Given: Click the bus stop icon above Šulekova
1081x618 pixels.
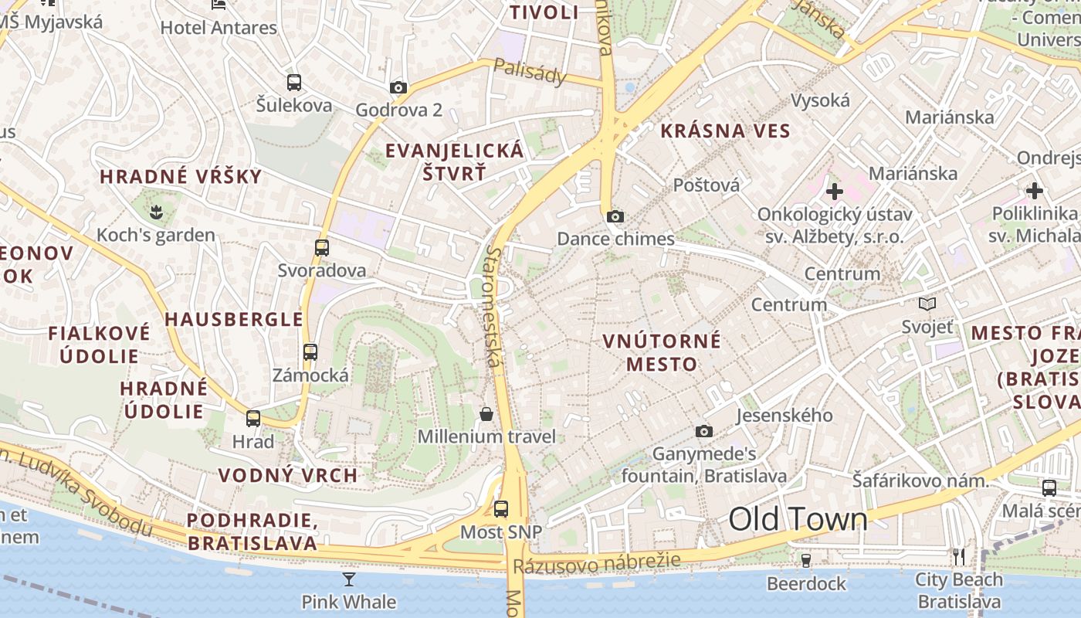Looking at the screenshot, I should click(294, 83).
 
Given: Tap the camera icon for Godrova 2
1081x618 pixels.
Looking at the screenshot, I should click(398, 87).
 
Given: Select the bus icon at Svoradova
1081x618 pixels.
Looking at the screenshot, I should click(322, 248).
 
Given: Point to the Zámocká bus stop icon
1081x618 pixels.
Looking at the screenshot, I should click(310, 352).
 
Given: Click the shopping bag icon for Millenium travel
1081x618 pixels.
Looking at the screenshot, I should click(486, 414).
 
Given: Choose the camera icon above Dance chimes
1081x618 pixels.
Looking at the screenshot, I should click(615, 216).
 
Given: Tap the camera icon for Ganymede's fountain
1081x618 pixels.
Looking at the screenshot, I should click(703, 431).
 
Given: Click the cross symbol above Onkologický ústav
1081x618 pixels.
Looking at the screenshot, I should click(834, 191).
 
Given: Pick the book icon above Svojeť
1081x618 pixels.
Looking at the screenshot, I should click(927, 304).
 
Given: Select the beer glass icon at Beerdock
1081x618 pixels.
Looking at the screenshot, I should click(806, 560).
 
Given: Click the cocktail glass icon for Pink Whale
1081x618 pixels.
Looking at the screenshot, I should click(349, 579).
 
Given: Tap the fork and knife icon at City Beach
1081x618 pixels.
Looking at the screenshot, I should click(959, 556).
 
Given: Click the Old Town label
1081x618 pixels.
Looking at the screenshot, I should click(798, 519).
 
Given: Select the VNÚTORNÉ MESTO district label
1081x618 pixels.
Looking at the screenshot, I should click(662, 351).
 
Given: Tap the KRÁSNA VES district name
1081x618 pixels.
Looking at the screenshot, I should click(726, 131).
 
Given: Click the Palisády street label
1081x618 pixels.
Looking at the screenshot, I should click(530, 72).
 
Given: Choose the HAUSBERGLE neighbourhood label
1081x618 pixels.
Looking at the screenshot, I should click(233, 319).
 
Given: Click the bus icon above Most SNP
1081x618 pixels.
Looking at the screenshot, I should click(501, 509).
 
